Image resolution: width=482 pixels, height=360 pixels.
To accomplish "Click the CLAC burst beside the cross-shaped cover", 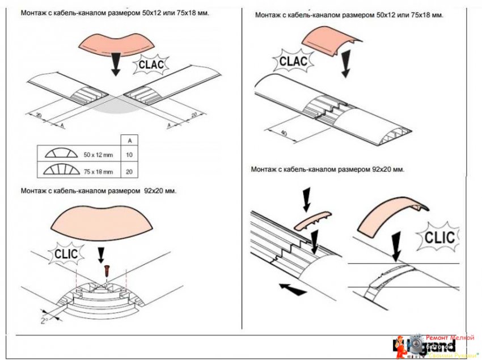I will coord(151,65).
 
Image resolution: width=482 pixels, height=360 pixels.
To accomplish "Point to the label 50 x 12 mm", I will coord(99,154).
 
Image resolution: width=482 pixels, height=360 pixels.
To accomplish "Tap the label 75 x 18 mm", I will coord(99,171).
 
